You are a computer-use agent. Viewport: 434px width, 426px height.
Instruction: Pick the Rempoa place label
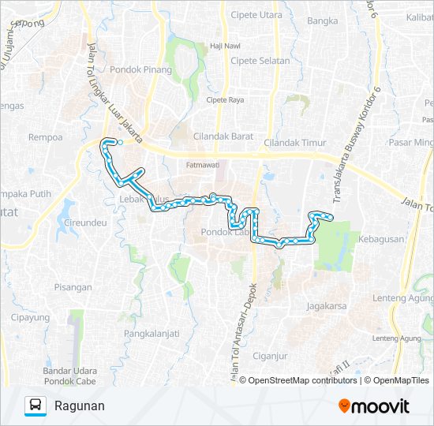(x=45, y=136)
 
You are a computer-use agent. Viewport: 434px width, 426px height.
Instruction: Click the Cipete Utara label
(x=257, y=15)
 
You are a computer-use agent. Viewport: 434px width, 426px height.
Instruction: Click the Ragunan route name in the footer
(x=80, y=405)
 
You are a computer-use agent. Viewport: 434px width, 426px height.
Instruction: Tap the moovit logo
(x=374, y=405)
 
